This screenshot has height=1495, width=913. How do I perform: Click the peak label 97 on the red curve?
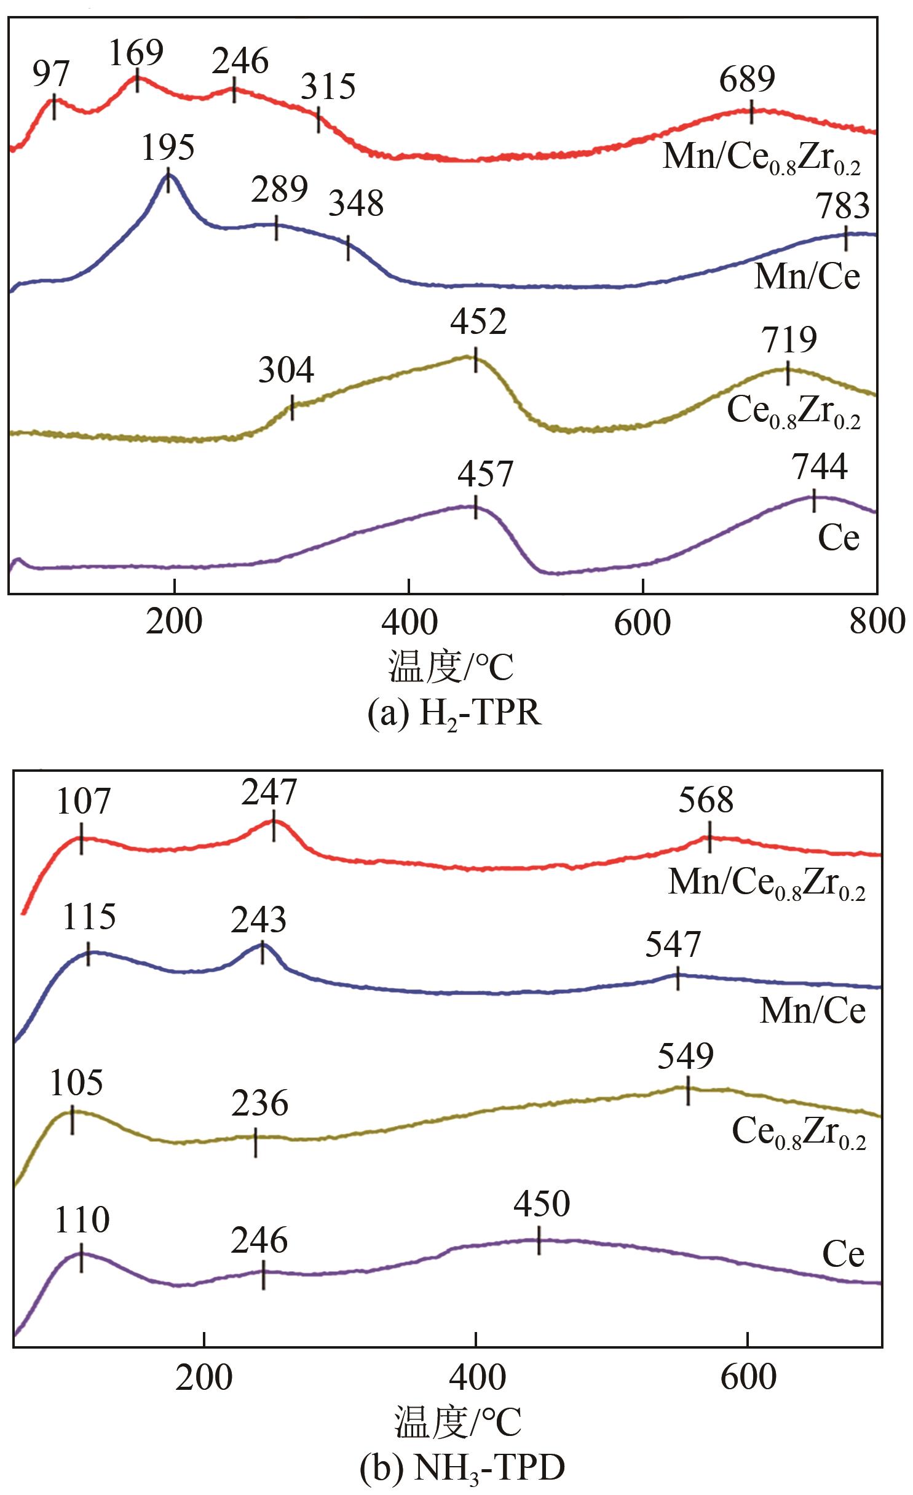(51, 74)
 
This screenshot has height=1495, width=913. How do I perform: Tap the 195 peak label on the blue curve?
(168, 148)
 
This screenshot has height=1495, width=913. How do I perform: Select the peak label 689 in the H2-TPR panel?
(747, 79)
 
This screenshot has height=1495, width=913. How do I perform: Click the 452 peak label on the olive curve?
(478, 322)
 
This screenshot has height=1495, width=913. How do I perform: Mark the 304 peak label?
(286, 371)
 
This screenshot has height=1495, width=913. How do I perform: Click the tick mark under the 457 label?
(475, 507)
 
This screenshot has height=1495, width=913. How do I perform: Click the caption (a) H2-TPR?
(454, 715)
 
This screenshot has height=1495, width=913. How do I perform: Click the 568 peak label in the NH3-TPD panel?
(706, 801)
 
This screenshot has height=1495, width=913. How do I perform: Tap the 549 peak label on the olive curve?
(686, 1055)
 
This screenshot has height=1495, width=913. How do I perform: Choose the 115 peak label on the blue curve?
(89, 917)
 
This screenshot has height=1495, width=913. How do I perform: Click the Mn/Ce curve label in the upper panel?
(807, 277)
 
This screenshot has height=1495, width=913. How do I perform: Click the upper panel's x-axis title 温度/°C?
(451, 668)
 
